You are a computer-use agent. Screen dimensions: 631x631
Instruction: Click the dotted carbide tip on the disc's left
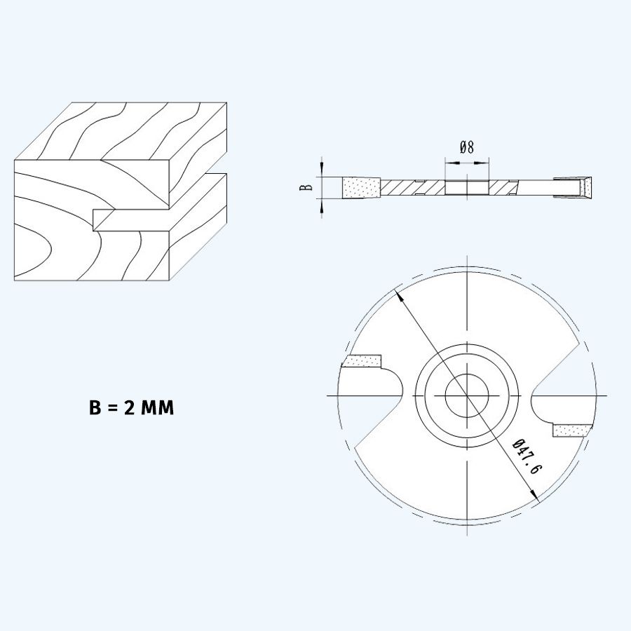362,361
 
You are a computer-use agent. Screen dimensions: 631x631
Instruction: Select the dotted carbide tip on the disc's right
573,430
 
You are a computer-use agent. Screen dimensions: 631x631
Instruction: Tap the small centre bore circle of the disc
466,396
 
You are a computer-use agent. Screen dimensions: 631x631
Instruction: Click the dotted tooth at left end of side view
361,187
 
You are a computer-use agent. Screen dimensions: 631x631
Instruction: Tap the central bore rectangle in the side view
467,187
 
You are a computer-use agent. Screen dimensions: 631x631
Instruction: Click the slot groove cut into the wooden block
133,218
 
